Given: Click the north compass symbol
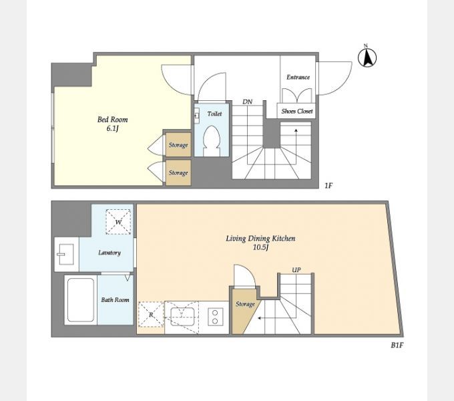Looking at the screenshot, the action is (367, 57).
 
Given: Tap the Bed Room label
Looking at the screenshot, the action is (113, 120).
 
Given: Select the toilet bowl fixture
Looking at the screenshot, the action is (212, 141).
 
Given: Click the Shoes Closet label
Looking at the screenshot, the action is (297, 111).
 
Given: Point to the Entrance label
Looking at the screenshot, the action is (298, 77).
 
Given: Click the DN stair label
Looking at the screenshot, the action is (247, 102).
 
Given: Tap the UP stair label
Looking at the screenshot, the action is (296, 270).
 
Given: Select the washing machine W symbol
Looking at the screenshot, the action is (118, 222).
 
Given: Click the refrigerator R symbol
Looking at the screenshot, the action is (151, 315).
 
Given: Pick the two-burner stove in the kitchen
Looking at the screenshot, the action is (215, 317).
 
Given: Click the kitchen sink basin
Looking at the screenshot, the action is (182, 317).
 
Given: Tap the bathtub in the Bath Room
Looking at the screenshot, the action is (81, 300).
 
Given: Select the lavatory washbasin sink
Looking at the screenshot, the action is (66, 254).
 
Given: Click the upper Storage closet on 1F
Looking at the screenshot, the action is (178, 144).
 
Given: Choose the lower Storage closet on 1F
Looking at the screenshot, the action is (178, 172).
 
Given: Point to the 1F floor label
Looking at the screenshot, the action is (328, 185).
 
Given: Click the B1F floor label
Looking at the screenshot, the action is (397, 345).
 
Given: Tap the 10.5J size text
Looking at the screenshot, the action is (261, 247).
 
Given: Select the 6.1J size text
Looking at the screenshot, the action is (112, 128).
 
